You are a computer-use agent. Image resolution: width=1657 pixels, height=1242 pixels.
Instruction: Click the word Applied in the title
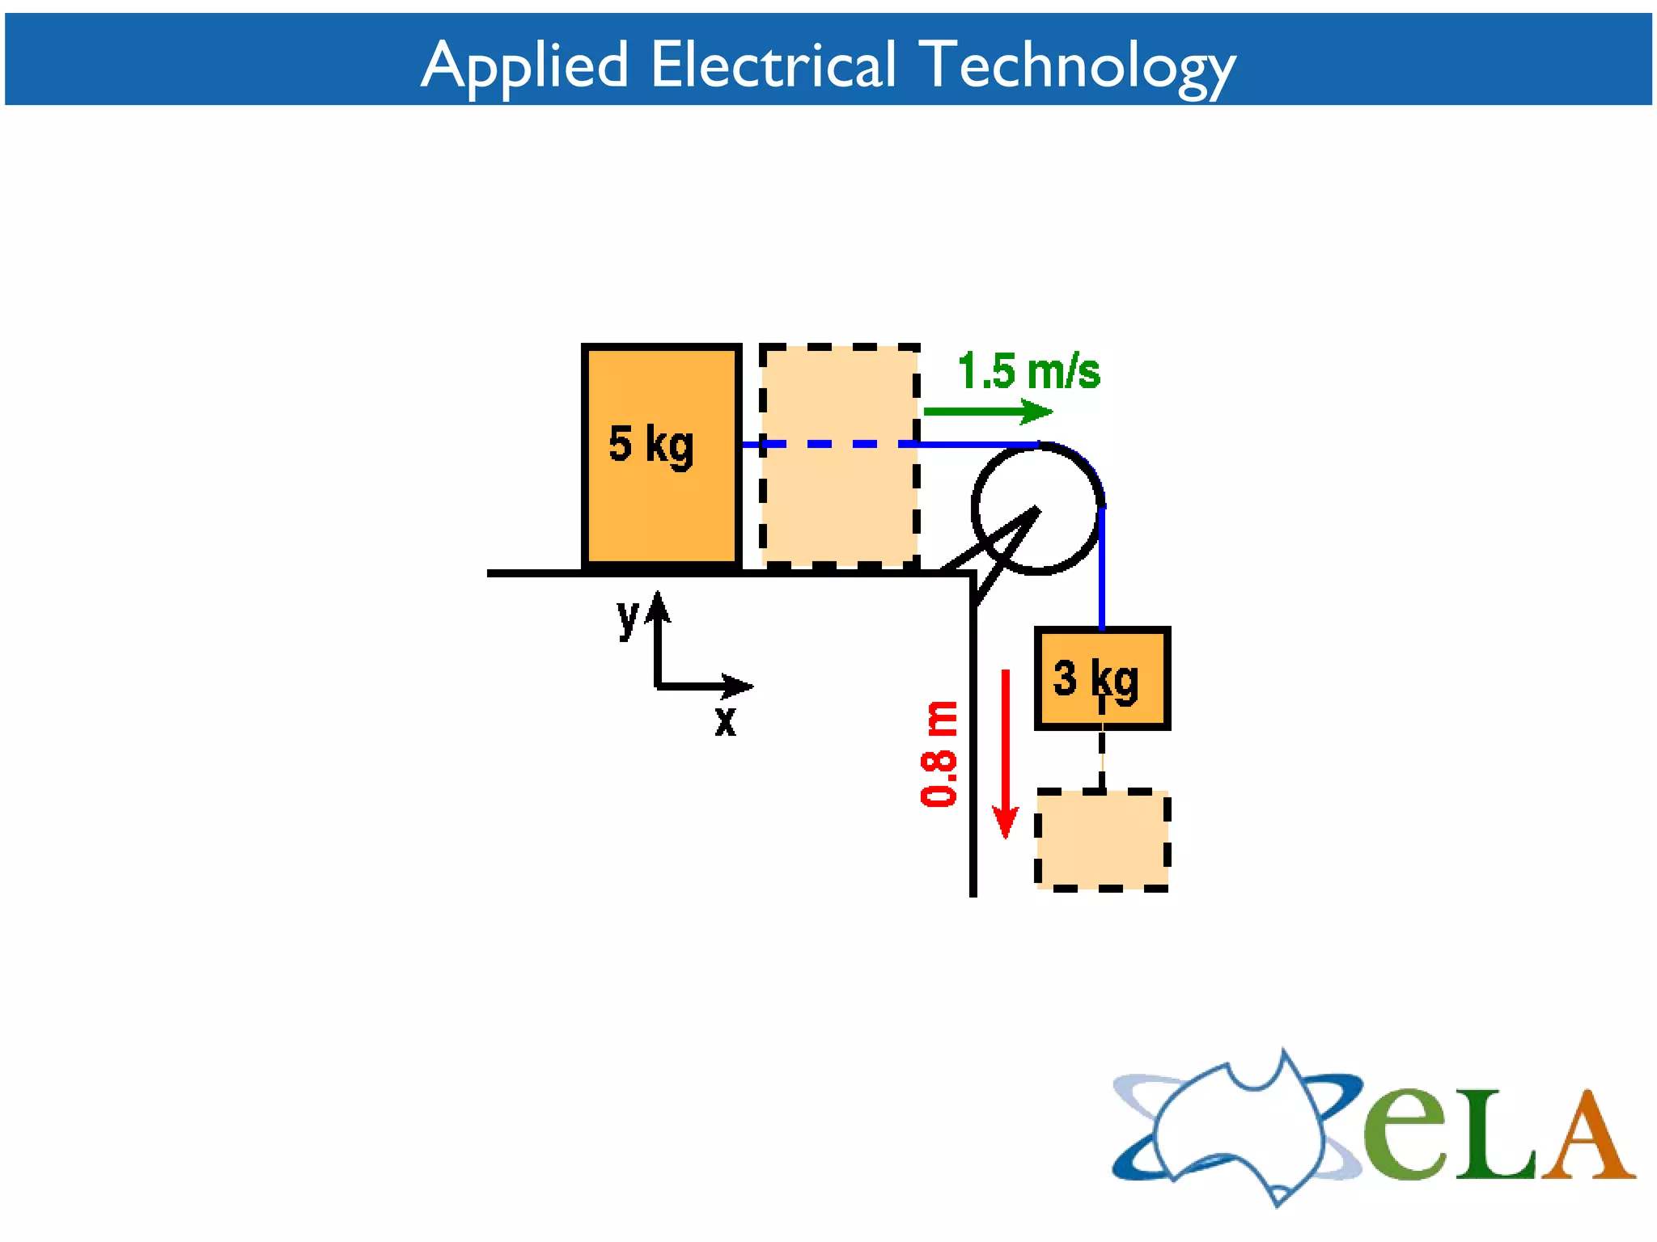524,65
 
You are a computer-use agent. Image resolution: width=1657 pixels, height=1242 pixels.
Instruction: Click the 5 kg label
651,445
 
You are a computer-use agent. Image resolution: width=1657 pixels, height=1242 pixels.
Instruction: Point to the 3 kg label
1095,679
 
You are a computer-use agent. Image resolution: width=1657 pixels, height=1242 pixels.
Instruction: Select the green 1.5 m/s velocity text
1028,372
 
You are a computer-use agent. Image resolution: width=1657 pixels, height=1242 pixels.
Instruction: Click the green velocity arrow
988,412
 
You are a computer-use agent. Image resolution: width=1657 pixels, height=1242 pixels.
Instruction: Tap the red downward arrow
1006,752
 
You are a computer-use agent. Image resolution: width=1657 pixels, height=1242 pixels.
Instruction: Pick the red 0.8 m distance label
939,754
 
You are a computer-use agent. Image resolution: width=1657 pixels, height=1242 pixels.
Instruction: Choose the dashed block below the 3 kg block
1103,839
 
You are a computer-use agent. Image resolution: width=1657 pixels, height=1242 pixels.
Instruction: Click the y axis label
628,619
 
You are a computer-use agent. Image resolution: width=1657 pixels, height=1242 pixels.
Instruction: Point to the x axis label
726,720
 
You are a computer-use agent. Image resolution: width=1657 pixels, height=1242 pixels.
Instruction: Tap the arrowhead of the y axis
658,605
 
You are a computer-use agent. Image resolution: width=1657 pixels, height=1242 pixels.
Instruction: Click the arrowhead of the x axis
738,686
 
